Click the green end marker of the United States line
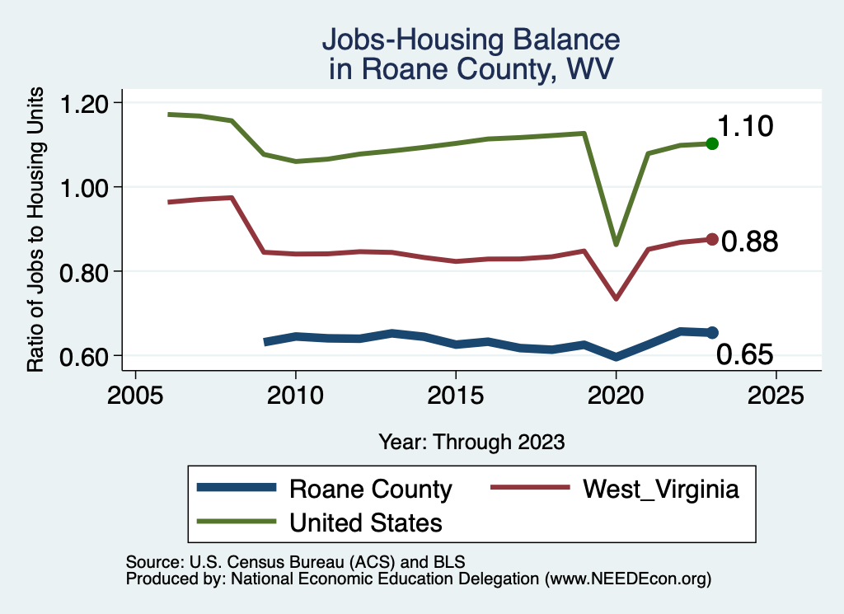click(x=712, y=143)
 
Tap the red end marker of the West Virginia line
click(x=712, y=239)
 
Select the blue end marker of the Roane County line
click(x=712, y=332)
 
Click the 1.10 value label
click(x=744, y=127)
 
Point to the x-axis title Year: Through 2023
click(x=471, y=442)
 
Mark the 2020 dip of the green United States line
click(x=616, y=244)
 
